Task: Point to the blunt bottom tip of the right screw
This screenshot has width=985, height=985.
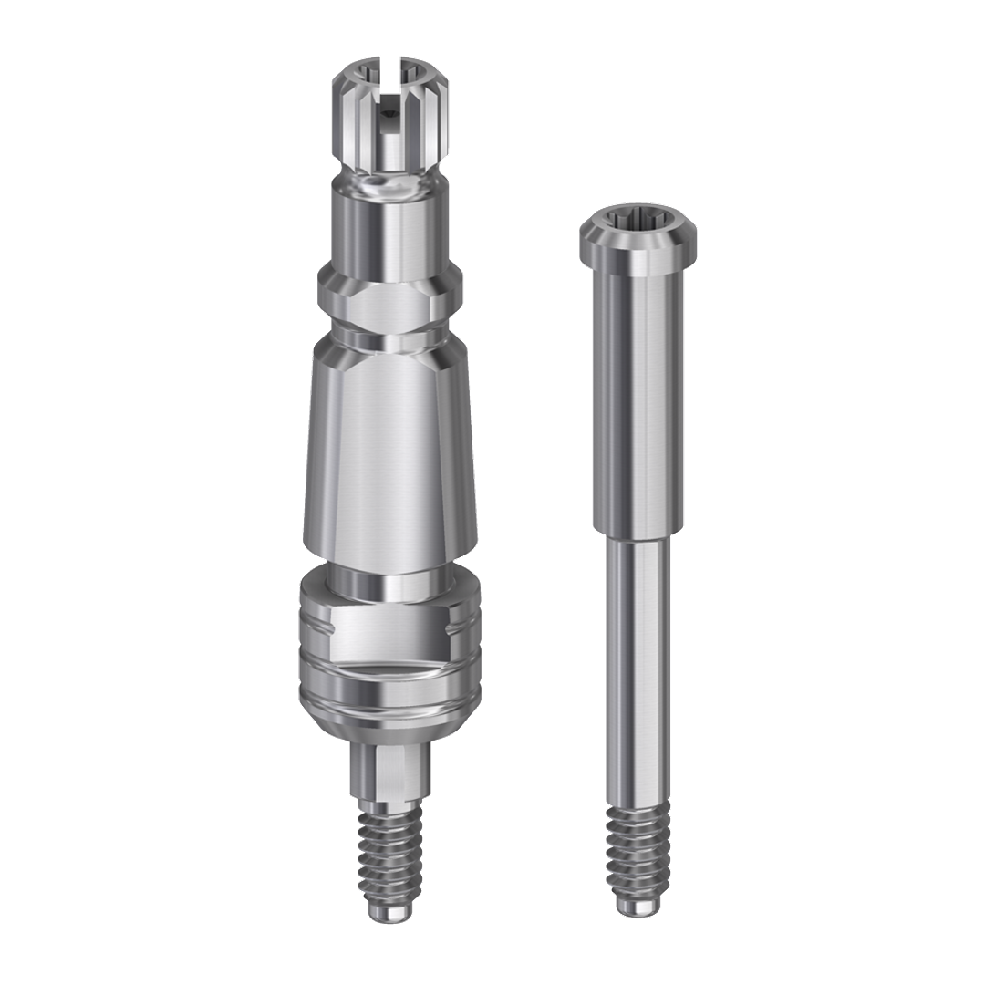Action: click(638, 905)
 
